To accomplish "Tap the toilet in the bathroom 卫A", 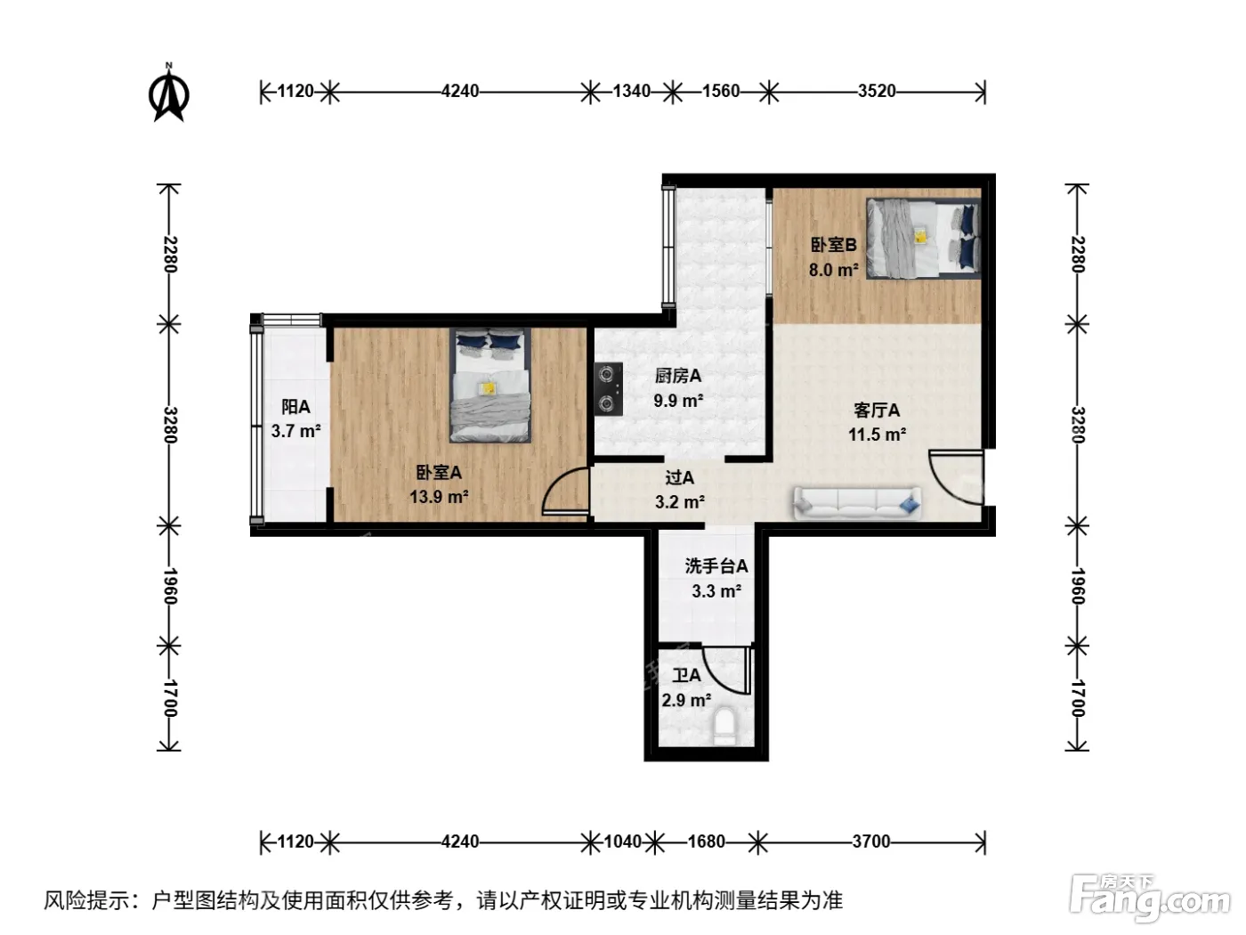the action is [724, 726].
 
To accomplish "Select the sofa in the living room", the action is [856, 502].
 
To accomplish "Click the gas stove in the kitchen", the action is [608, 389].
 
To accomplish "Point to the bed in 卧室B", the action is [923, 238].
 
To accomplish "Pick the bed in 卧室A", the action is [489, 385].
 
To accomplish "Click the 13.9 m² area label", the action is [439, 497].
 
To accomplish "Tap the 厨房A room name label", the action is [678, 375].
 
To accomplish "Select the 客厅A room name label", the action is [877, 410].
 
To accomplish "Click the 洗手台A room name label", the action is [716, 566].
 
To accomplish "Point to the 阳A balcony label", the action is [295, 406].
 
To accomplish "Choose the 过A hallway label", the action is [679, 477].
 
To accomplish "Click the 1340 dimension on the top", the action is [631, 91].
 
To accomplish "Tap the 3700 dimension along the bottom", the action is [871, 841].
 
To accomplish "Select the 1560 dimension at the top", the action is [721, 91].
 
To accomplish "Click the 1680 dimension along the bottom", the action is [706, 841].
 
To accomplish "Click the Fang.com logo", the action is [1150, 897].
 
